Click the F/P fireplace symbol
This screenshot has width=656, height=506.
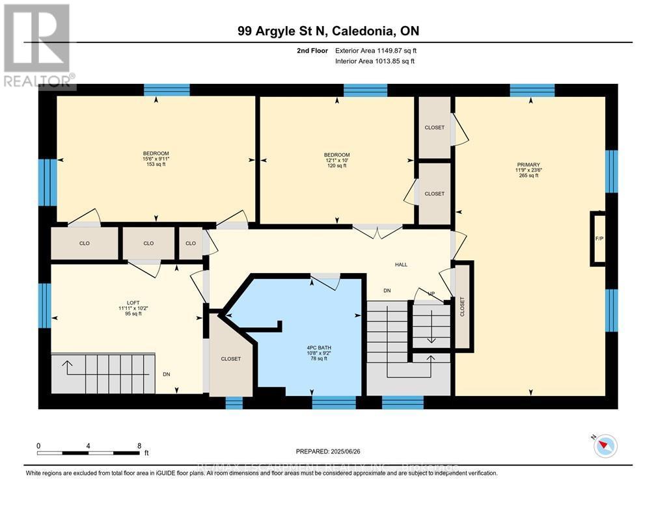click(599, 239)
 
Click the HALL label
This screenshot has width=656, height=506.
click(401, 265)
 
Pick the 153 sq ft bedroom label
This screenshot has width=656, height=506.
click(156, 159)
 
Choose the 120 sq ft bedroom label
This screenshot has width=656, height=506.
click(337, 160)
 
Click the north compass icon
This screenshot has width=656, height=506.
click(605, 445)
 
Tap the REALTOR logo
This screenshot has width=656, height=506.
click(37, 46)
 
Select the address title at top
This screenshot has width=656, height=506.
click(328, 30)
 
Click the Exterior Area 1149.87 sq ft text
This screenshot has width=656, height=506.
click(374, 50)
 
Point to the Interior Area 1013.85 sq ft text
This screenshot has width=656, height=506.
click(374, 61)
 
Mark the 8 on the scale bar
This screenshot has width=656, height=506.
click(139, 446)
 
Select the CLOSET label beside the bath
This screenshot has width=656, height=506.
click(230, 359)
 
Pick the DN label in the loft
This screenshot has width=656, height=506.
click(167, 375)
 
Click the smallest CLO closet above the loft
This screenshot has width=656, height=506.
click(191, 243)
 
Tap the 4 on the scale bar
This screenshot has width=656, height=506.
click(89, 446)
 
